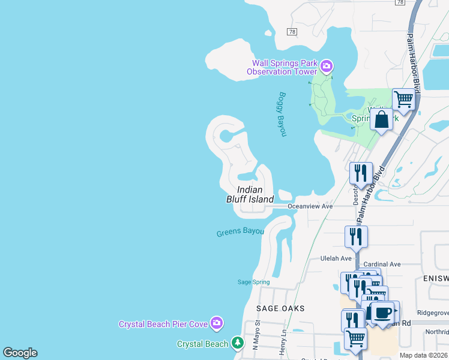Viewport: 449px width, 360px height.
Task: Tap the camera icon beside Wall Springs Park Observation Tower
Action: (326, 65)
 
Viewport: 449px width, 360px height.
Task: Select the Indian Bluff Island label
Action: (250, 194)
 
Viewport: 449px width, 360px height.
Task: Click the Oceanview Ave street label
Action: (310, 206)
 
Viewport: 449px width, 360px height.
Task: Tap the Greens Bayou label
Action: (240, 232)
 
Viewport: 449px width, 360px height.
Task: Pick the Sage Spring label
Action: (254, 282)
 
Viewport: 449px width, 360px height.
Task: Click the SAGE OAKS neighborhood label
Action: (280, 308)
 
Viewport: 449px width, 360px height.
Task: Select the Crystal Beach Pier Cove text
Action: (163, 324)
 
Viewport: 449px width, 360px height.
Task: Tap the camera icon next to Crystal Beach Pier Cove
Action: (217, 323)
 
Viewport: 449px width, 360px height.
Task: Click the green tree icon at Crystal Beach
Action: (238, 343)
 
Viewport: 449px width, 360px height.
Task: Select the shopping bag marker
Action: (381, 119)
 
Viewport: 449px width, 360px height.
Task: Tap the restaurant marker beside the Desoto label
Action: (361, 173)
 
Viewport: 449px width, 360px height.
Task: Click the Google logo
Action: (20, 353)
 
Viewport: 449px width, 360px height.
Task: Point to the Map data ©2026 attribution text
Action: (423, 355)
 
